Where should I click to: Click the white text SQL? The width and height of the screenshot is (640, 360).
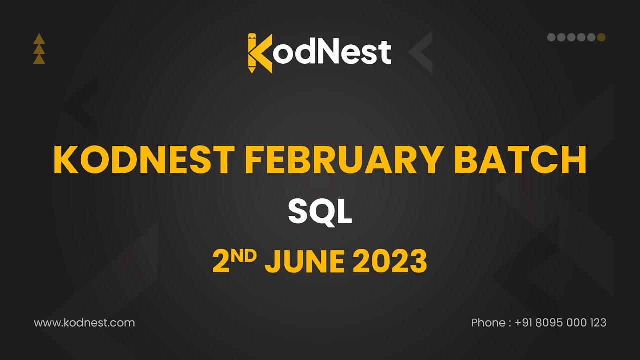320,212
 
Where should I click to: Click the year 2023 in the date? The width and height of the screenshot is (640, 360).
390,261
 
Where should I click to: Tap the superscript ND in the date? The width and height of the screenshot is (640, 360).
244,255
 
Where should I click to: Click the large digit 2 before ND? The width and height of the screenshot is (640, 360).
221,262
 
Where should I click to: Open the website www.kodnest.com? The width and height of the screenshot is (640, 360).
84,323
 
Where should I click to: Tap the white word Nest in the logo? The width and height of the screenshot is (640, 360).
358,52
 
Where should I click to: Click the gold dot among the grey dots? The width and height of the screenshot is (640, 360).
601,37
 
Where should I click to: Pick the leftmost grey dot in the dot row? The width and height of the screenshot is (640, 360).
551,37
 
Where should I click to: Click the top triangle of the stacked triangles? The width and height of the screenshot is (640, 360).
39,39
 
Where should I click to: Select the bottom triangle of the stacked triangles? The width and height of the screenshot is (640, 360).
39,59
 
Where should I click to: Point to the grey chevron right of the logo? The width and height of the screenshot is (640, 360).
421,52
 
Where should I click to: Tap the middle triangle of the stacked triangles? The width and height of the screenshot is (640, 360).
39,49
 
